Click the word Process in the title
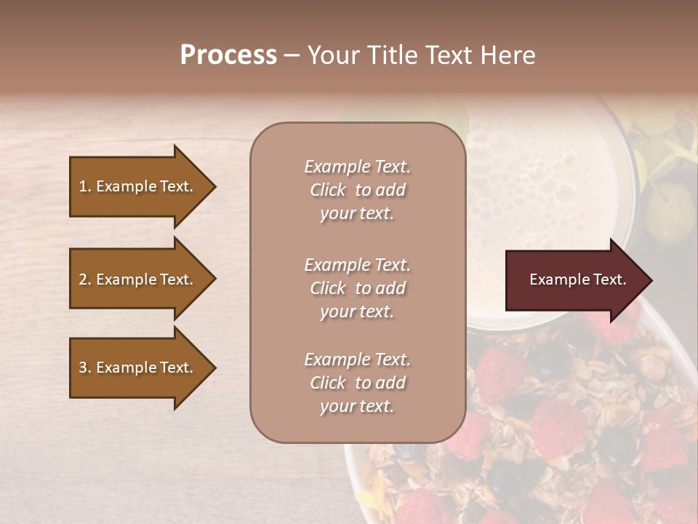tap(228, 55)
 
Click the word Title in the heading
tap(389, 55)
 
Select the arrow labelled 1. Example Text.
tap(136, 186)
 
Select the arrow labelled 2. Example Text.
tap(136, 279)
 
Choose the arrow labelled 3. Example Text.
tap(136, 368)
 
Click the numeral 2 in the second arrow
tap(82, 279)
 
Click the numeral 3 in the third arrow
tap(82, 368)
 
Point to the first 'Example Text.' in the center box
tap(357, 167)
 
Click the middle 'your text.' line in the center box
tap(357, 311)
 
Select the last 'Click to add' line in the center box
tap(357, 383)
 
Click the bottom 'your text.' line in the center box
tap(357, 406)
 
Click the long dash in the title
tap(292, 55)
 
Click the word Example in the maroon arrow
tap(555, 279)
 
